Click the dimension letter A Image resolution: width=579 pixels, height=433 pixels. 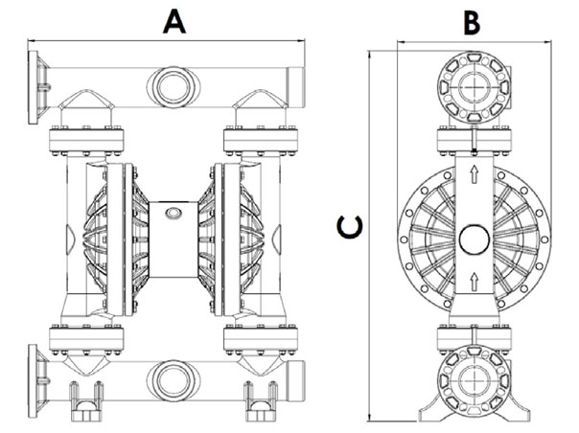click(173, 20)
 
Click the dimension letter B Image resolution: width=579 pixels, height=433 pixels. click(472, 20)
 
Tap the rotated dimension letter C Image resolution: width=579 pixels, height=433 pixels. click(350, 226)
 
